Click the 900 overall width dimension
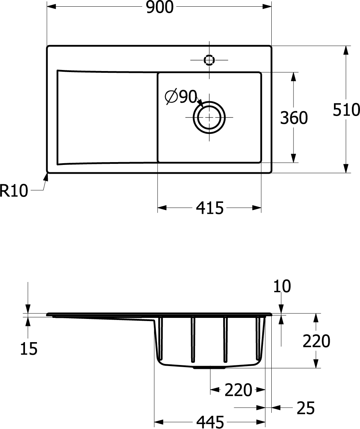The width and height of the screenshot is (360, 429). [x=160, y=7]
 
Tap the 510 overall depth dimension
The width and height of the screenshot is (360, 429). [x=346, y=110]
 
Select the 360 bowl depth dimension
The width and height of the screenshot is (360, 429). [x=294, y=118]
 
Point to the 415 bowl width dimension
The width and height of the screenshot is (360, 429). [x=209, y=208]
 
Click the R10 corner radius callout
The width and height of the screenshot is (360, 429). [x=14, y=191]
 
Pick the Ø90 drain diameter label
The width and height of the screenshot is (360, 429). [x=181, y=96]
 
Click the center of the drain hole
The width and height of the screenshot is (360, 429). [x=209, y=117]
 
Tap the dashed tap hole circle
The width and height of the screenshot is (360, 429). [x=209, y=60]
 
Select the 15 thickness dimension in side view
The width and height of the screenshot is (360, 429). [x=29, y=349]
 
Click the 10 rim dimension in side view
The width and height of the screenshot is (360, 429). [x=282, y=286]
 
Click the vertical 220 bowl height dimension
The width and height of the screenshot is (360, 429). [x=316, y=341]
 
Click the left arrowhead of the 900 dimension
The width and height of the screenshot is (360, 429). [x=51, y=7]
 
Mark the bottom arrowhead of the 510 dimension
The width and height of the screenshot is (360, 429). [x=346, y=168]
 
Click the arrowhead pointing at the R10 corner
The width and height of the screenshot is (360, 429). [x=46, y=177]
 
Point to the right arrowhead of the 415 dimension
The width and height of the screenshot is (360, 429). [x=257, y=208]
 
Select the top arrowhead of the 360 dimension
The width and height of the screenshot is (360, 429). [x=293, y=77]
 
